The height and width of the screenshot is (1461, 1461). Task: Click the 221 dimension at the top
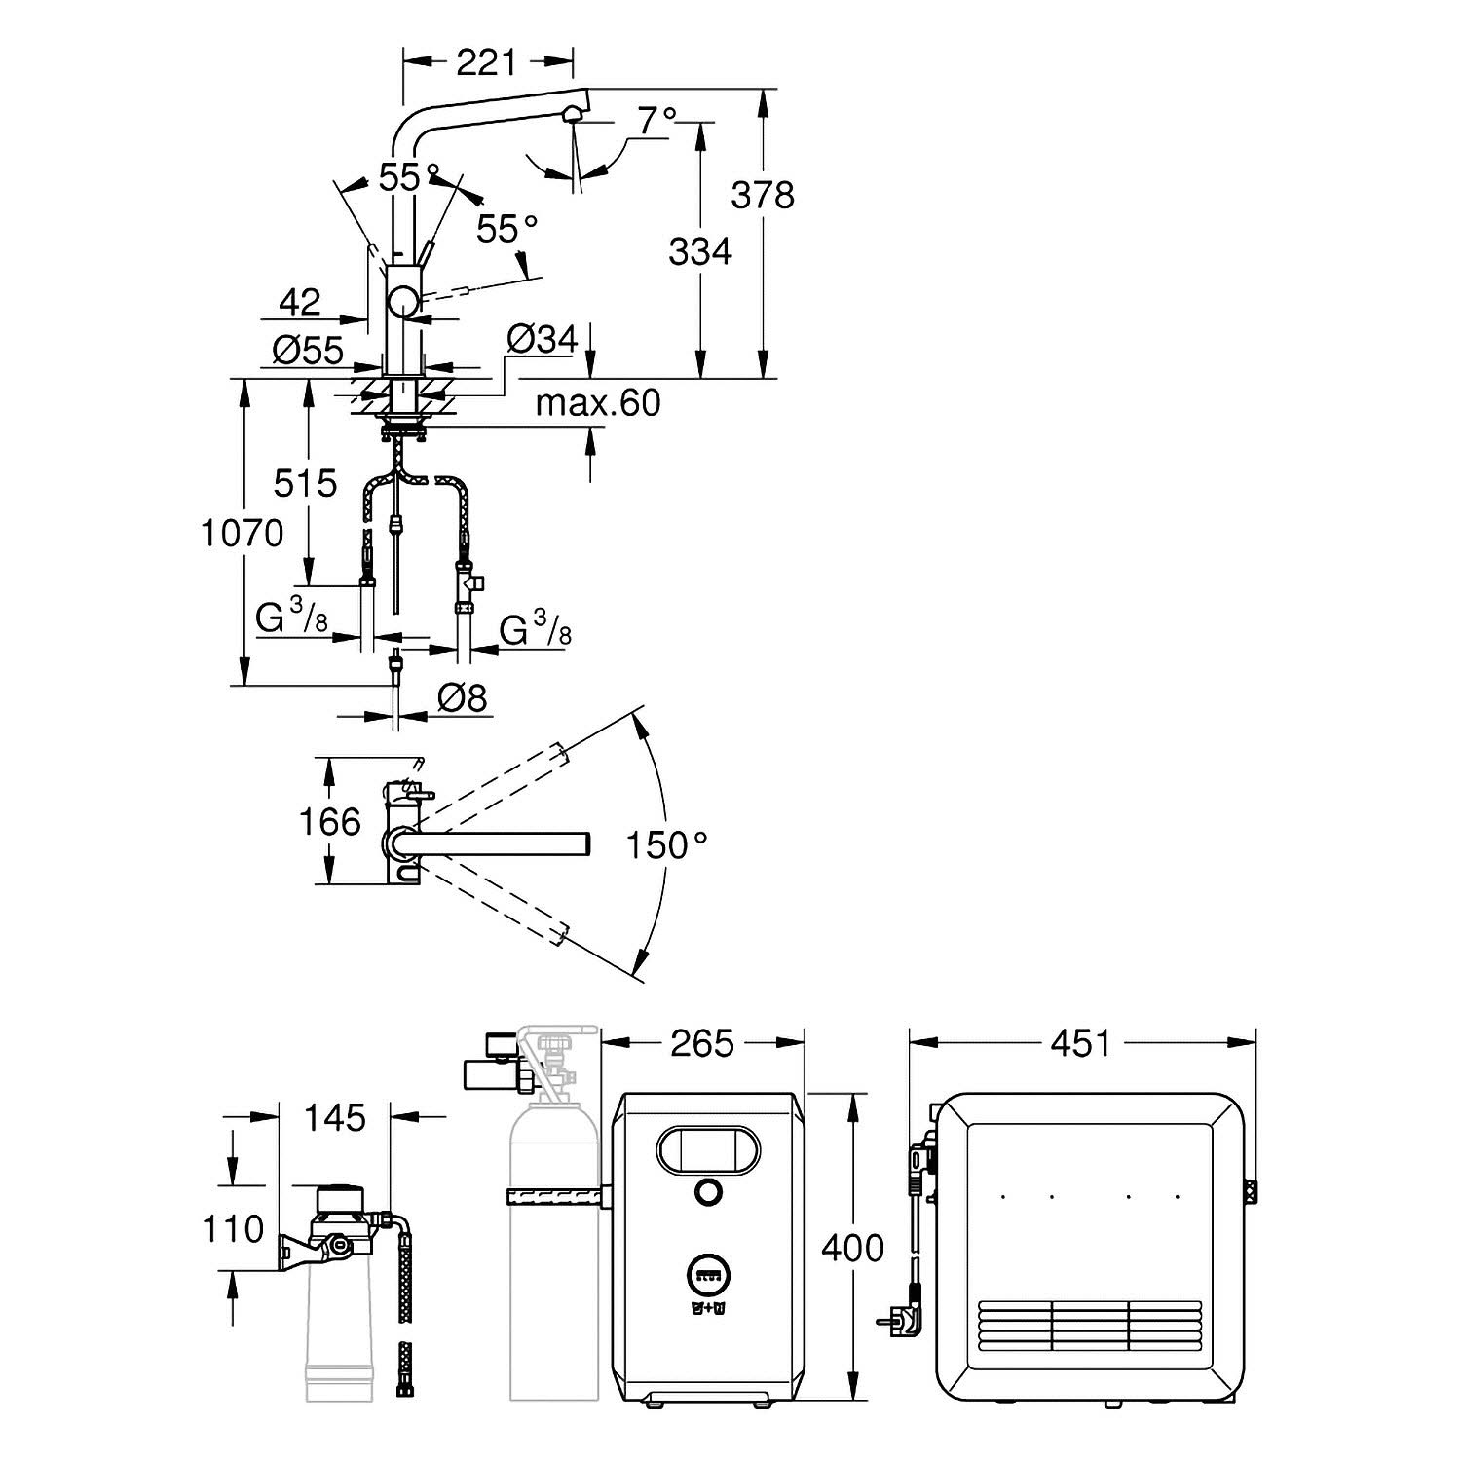tap(486, 63)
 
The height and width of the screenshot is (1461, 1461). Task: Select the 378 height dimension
tap(764, 195)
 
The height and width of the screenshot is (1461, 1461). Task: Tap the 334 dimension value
tap(699, 251)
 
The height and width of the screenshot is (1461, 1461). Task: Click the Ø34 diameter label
tap(543, 339)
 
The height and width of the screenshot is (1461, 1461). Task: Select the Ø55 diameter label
tap(308, 350)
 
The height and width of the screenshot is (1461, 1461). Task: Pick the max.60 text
tap(598, 402)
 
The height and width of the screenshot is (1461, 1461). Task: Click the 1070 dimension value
tap(242, 533)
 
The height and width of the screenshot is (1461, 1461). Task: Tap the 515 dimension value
tap(305, 483)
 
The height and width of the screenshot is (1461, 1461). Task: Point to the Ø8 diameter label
tap(462, 697)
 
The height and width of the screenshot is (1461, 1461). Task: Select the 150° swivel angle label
tap(666, 845)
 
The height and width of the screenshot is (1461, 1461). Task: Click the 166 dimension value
tap(331, 822)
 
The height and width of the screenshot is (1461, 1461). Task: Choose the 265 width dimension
tap(702, 1043)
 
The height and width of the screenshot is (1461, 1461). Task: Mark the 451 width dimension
tap(1081, 1043)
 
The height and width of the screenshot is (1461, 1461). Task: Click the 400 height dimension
tap(852, 1248)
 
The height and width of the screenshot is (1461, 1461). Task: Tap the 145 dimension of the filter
tap(335, 1117)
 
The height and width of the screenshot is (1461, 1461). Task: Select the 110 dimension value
tap(234, 1228)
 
